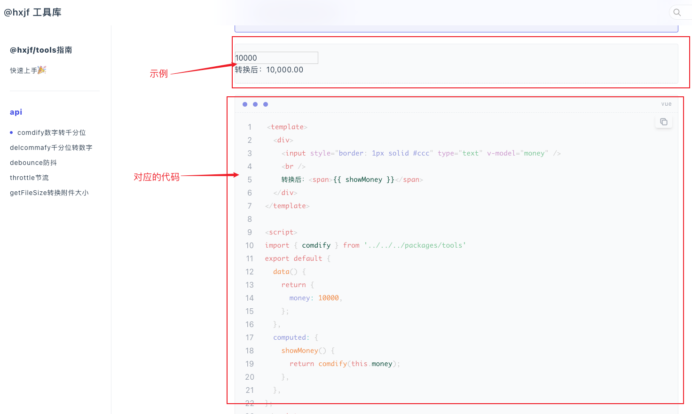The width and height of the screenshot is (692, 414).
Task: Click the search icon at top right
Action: pyautogui.click(x=677, y=12)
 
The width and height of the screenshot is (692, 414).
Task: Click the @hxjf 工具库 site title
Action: pyautogui.click(x=33, y=12)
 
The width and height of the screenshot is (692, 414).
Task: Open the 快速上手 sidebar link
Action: pyautogui.click(x=28, y=70)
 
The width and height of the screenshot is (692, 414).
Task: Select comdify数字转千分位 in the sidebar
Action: pyautogui.click(x=51, y=133)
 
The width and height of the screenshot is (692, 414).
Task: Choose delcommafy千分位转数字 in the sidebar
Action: pyautogui.click(x=51, y=148)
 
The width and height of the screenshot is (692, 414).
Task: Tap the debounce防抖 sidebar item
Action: pyautogui.click(x=33, y=163)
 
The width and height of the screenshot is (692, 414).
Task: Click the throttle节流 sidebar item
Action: pyautogui.click(x=29, y=178)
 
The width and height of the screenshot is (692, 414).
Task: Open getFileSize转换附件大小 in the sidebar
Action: pyautogui.click(x=49, y=193)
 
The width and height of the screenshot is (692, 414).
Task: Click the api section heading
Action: pyautogui.click(x=16, y=112)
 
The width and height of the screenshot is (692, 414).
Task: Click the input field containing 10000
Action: pyautogui.click(x=276, y=58)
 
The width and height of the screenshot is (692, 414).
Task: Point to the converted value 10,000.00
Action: pyautogui.click(x=284, y=70)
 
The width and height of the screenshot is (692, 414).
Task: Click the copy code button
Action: pyautogui.click(x=663, y=122)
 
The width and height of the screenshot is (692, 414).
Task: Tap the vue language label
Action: pyautogui.click(x=666, y=104)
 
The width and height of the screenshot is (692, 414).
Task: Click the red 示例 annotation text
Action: pyautogui.click(x=158, y=73)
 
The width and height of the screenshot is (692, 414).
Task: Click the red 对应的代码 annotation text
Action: pyautogui.click(x=156, y=177)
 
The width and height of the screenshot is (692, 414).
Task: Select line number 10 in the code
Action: pyautogui.click(x=249, y=245)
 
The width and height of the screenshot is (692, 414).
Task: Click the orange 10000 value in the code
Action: pyautogui.click(x=328, y=298)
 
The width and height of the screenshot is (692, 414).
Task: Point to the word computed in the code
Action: pyautogui.click(x=289, y=337)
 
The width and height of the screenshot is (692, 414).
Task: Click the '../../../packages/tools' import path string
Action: pyautogui.click(x=415, y=245)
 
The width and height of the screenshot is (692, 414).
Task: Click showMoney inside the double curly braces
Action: pyautogui.click(x=363, y=180)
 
